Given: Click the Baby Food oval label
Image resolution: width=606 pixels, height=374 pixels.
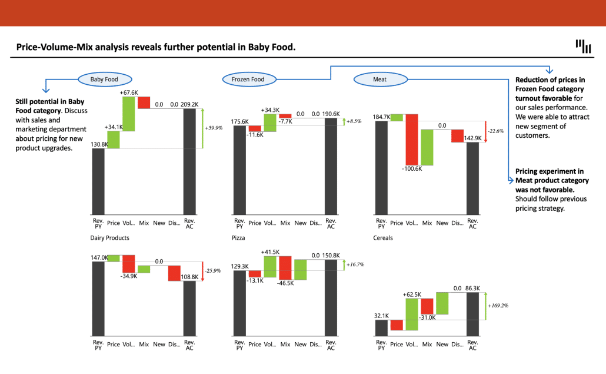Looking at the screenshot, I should point(104,79).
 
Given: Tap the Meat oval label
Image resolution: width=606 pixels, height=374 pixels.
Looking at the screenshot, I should point(380,79).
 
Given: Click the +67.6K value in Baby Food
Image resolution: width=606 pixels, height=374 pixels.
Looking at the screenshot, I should point(128,92).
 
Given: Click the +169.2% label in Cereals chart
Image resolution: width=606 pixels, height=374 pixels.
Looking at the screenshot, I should point(498,306).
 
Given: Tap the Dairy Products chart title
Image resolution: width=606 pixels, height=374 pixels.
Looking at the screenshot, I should point(110,238).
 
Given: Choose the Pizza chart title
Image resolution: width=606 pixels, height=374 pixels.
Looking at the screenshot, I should point(238,238).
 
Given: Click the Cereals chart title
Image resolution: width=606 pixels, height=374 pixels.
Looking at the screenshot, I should point(383,238).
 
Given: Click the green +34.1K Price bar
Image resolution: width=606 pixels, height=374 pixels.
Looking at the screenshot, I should point(114,140).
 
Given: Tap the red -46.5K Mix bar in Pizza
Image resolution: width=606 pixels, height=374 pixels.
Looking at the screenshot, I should point(285,267).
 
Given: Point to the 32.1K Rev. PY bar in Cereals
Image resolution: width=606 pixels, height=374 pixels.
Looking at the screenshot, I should point(381,327).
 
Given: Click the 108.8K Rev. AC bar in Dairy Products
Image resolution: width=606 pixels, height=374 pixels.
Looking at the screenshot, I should point(189,307).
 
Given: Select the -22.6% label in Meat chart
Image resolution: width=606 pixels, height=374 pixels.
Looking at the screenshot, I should point(496,131).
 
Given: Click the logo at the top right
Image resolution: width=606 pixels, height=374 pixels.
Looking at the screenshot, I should point(583,46).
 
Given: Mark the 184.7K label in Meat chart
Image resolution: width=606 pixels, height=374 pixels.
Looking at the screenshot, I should point(381,117).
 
